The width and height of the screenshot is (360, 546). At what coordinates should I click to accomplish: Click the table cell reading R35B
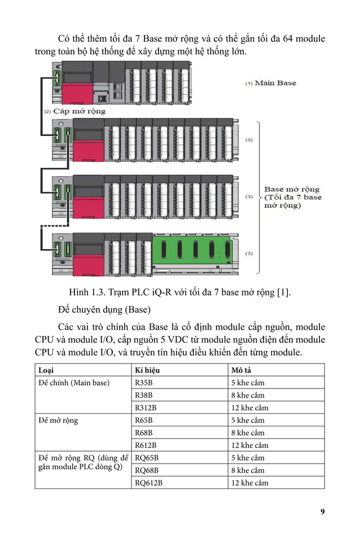tap(144, 383)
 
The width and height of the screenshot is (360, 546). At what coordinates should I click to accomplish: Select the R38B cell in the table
tap(144, 395)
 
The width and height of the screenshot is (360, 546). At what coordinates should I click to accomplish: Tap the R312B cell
tap(146, 408)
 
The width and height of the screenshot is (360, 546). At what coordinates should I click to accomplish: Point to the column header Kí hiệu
tap(148, 370)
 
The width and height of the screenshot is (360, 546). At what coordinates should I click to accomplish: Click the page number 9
tap(322, 512)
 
